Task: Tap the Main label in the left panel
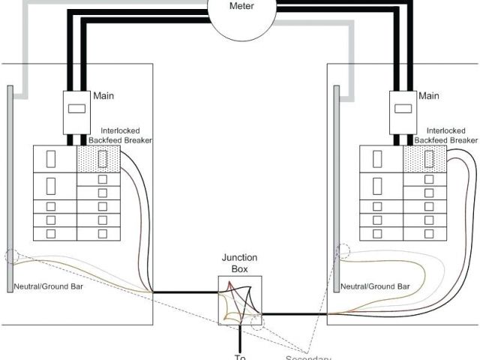point(103,96)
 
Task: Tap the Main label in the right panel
point(429,96)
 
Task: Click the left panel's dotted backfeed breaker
point(97,159)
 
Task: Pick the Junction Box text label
point(239,262)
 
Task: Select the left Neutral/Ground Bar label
point(44,286)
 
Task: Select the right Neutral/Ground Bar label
point(375,286)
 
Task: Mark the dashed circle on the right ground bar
point(343,251)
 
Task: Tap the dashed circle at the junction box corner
point(259,323)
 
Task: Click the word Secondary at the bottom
point(308,357)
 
